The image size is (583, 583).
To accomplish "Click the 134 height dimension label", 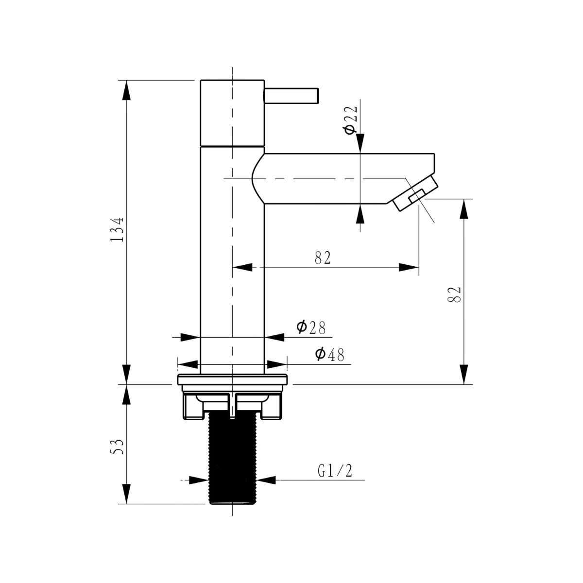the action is (117, 229).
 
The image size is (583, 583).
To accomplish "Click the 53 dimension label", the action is (117, 446).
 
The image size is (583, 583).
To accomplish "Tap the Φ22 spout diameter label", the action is (350, 120).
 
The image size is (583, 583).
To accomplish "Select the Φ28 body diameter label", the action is (311, 327).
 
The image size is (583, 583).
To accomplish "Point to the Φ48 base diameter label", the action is (329, 355).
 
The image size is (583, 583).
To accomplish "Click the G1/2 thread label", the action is (335, 471).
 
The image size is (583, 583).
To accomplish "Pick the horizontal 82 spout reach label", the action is (323, 258).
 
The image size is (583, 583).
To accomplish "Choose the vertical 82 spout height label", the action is (454, 294).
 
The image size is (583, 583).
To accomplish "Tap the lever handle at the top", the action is (291, 96).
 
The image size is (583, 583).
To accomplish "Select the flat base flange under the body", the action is (232, 379).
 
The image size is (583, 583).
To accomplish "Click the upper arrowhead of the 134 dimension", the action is (126, 90).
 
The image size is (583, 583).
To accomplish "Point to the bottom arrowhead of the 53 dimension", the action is (126, 494).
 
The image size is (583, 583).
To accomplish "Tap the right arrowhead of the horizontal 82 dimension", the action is (409, 267).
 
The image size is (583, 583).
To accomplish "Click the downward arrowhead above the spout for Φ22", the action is (360, 143).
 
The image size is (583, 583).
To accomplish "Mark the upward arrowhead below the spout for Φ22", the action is (360, 214).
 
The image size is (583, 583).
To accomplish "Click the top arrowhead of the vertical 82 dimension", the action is (464, 209).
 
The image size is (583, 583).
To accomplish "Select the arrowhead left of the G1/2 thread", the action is (199, 480).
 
